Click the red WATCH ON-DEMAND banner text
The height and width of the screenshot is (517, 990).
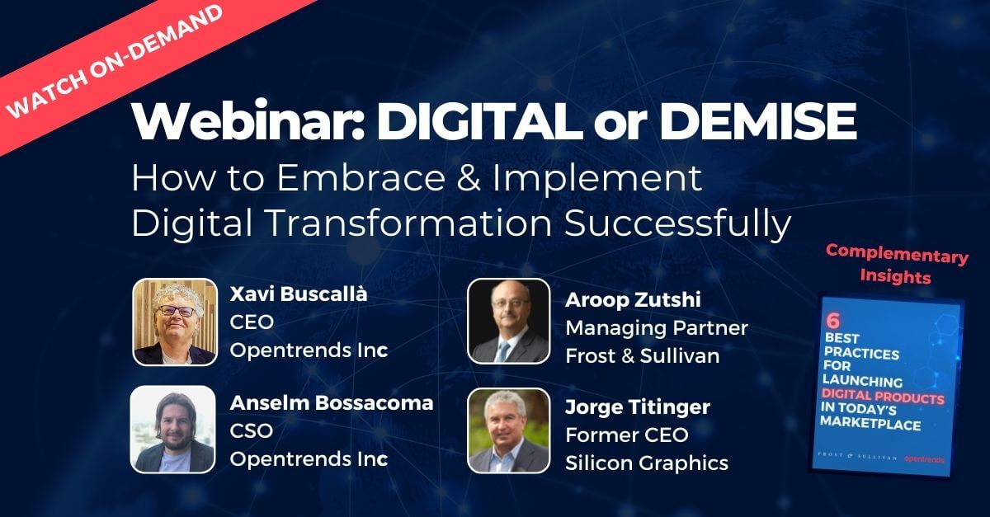click(x=114, y=62)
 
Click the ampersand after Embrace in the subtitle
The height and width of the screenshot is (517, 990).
click(x=469, y=177)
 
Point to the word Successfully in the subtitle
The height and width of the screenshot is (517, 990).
click(x=678, y=224)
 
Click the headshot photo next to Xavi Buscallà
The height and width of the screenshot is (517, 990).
click(x=175, y=322)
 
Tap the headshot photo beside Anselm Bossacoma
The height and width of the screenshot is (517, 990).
click(x=173, y=429)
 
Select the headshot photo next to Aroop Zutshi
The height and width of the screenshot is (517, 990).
click(x=509, y=322)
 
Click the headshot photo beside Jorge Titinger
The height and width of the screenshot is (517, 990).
click(x=509, y=430)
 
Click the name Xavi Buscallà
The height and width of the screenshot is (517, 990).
click(x=299, y=294)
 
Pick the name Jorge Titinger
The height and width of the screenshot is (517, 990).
click(x=638, y=407)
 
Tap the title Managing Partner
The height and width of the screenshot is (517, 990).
click(x=657, y=328)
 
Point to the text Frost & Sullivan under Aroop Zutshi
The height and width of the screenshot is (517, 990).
click(x=643, y=356)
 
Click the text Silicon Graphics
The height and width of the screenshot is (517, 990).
click(x=647, y=463)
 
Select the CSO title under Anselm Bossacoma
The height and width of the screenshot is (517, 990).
click(x=252, y=430)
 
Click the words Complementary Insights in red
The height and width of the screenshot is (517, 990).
click(x=896, y=264)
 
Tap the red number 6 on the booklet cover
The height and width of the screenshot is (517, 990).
click(x=833, y=321)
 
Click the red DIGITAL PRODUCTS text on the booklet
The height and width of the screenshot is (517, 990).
click(x=883, y=397)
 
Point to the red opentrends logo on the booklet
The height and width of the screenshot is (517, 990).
click(x=924, y=459)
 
